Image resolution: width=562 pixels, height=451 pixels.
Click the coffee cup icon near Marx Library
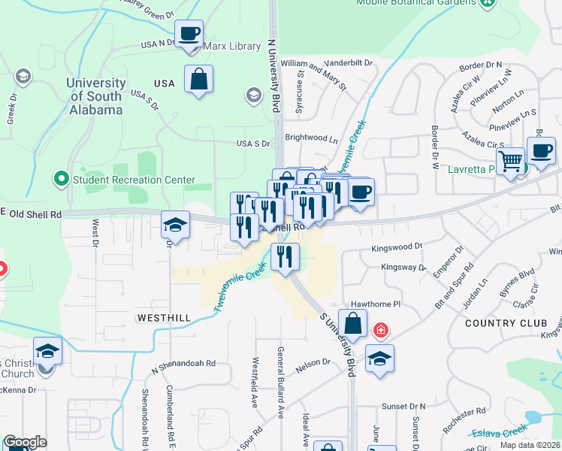click(189, 34)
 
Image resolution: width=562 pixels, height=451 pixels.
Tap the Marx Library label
click(232, 47)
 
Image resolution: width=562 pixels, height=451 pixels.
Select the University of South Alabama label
click(95, 96)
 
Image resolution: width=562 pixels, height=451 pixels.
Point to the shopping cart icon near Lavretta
click(510, 161)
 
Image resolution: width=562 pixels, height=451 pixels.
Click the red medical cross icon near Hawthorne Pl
click(381, 330)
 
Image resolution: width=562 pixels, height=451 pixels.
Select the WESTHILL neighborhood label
click(164, 318)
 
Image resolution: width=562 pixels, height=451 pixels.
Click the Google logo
click(25, 442)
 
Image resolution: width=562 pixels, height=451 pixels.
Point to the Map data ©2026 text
click(530, 445)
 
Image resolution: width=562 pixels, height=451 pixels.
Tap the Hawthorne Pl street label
click(376, 305)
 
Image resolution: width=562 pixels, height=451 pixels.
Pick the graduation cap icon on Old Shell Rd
click(175, 224)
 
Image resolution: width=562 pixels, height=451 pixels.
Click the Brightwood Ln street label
click(312, 138)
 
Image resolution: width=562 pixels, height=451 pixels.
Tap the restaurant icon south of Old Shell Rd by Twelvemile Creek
click(286, 257)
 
